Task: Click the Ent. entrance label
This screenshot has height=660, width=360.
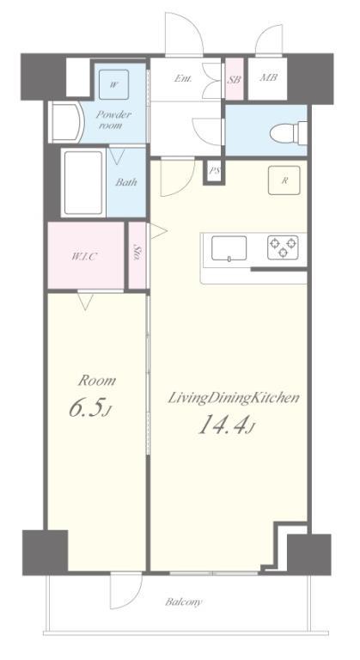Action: pyautogui.click(x=182, y=78)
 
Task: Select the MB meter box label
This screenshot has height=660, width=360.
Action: pyautogui.click(x=268, y=79)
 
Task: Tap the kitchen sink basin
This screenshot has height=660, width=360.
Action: pyautogui.click(x=227, y=247)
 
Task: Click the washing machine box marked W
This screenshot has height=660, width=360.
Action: pyautogui.click(x=113, y=84)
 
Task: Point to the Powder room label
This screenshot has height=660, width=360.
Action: pyautogui.click(x=113, y=120)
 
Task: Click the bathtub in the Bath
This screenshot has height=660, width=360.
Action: pyautogui.click(x=83, y=184)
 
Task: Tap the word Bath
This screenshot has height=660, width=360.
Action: pyautogui.click(x=125, y=182)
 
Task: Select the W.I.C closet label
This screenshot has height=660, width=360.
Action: pyautogui.click(x=83, y=256)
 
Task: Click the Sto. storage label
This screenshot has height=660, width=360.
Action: pyautogui.click(x=137, y=253)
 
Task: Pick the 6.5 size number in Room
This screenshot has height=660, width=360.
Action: pyautogui.click(x=88, y=408)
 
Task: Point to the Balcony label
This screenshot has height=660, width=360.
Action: pyautogui.click(x=184, y=602)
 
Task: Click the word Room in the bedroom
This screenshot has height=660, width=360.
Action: pyautogui.click(x=97, y=380)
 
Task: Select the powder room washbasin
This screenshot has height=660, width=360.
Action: pyautogui.click(x=65, y=122)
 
